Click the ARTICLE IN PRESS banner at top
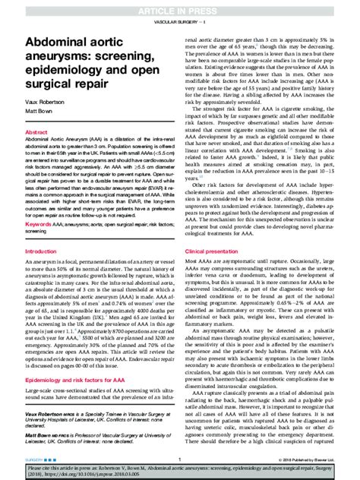point(179,7)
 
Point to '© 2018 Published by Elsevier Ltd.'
point(308,460)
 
